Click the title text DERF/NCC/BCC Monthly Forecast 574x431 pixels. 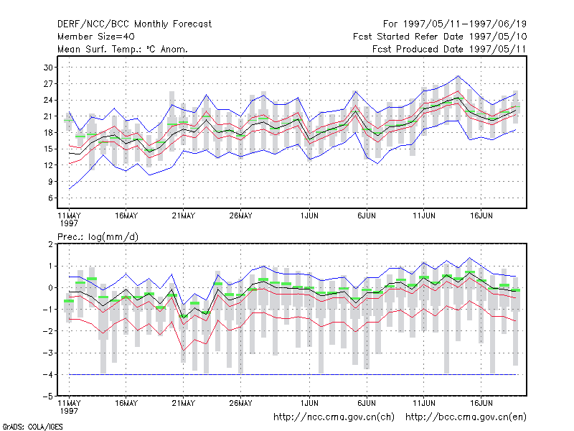(134, 24)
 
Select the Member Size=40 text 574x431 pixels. (96, 37)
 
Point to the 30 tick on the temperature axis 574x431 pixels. (48, 68)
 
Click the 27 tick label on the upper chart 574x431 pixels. (48, 84)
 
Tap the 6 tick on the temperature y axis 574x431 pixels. (50, 198)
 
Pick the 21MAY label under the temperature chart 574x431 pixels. (184, 216)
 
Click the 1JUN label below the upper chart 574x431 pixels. (309, 216)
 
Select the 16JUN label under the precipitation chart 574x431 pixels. (481, 403)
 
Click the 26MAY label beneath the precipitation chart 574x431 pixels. (240, 403)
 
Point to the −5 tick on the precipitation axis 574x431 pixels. (47, 397)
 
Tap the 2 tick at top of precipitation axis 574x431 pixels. (50, 244)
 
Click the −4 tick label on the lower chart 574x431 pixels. (47, 374)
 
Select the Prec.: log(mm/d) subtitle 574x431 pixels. (98, 237)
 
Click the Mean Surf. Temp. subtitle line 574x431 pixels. (123, 49)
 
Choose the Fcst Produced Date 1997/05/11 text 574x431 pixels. (449, 49)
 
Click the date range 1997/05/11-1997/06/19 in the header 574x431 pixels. (464, 24)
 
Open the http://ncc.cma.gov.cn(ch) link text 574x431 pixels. (334, 417)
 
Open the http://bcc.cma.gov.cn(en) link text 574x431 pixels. (466, 417)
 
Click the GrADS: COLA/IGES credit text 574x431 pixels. (32, 427)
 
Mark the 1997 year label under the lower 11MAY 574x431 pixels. (69, 411)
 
